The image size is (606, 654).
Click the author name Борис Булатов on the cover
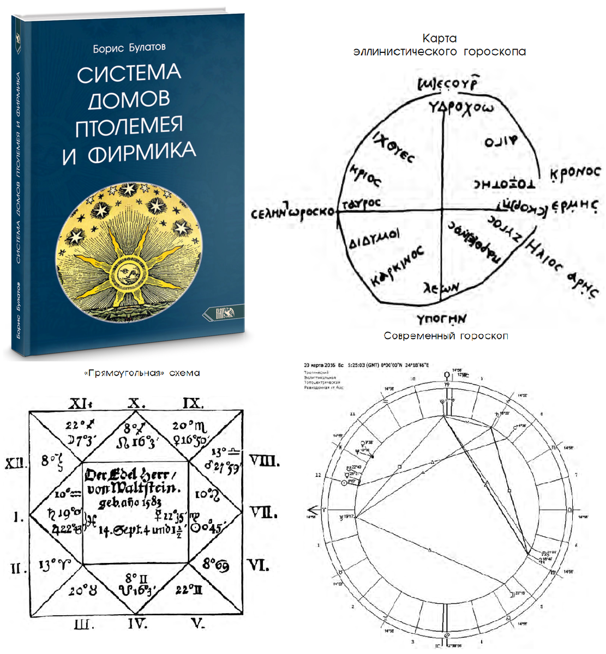point(129,48)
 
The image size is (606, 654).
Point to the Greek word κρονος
point(574,173)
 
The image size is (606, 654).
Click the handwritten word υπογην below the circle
point(441,317)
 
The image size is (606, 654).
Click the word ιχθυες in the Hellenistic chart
point(393,148)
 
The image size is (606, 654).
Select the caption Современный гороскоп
point(446,336)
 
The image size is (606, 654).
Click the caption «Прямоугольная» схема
point(142,373)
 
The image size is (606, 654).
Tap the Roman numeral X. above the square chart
point(136,403)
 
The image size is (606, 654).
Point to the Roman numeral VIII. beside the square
point(264,461)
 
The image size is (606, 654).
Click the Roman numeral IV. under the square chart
point(137,623)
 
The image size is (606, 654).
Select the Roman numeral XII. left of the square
point(16,463)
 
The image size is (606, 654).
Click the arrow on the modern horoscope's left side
point(313,505)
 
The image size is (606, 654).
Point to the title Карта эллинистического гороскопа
point(439,45)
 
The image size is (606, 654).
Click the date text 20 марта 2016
point(319,364)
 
